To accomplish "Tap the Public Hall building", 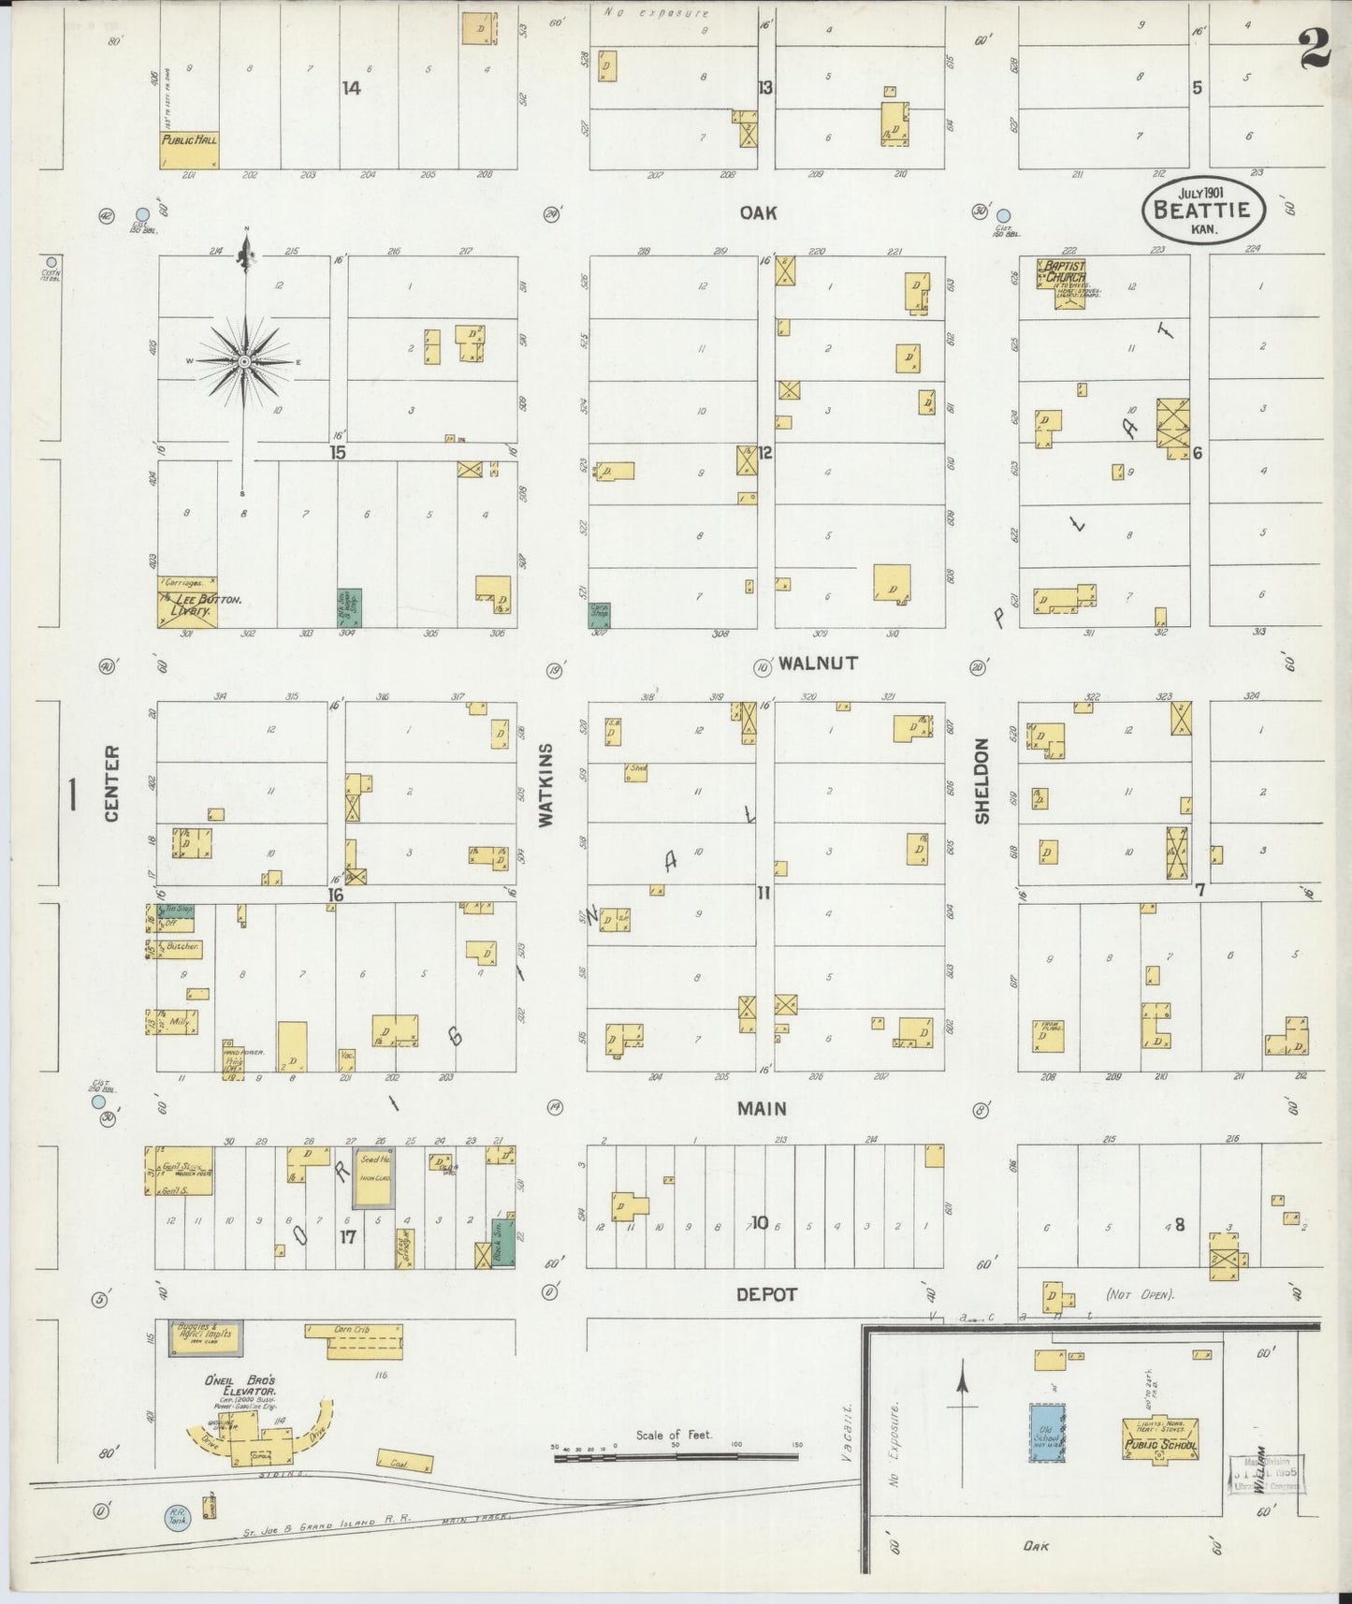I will [x=189, y=149].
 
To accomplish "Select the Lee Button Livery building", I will [x=187, y=603].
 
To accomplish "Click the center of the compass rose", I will [x=244, y=361].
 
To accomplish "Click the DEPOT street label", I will [x=765, y=1294].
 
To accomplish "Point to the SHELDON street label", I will [x=981, y=781].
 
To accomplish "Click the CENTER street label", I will [x=112, y=783].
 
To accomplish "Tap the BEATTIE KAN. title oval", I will [x=1202, y=210].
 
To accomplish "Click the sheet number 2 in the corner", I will [x=1316, y=47].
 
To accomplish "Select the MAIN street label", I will [x=761, y=1108].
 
